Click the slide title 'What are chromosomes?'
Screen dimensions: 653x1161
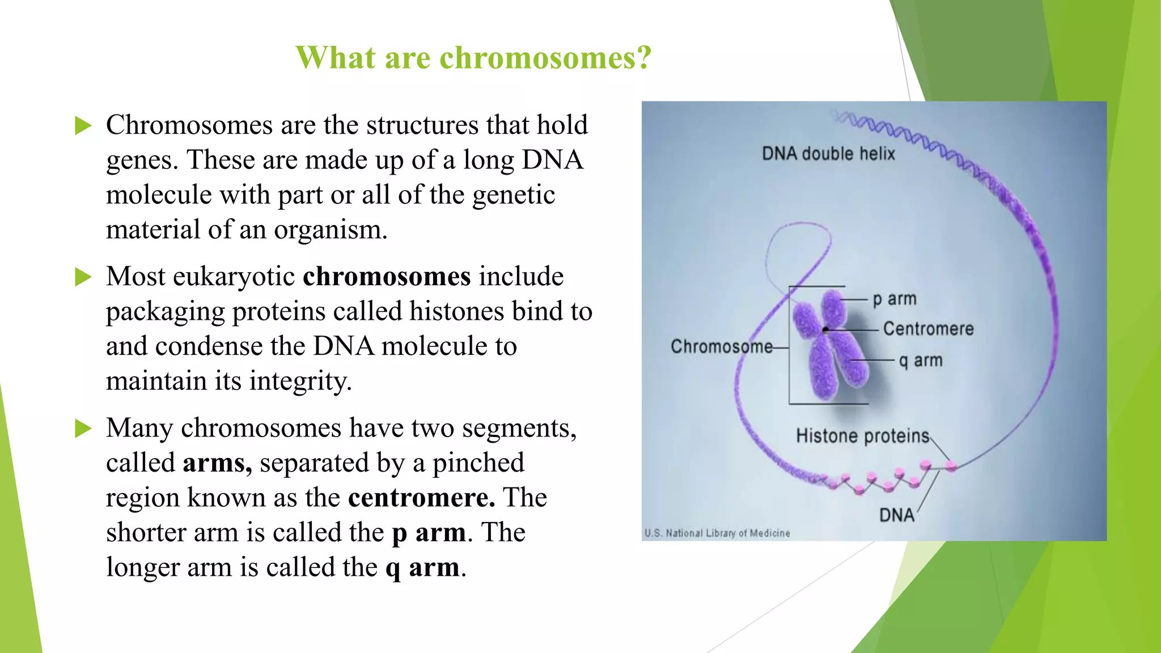[473, 58]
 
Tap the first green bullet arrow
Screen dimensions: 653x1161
[83, 126]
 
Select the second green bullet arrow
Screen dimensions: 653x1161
[83, 277]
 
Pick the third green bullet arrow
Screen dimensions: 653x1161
[83, 429]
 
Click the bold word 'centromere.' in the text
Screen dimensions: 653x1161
[421, 498]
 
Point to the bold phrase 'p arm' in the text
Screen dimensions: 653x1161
[429, 533]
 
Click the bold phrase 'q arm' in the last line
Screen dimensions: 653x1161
[422, 567]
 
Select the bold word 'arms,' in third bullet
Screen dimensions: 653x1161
[217, 463]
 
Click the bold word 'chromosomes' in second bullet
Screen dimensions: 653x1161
[387, 277]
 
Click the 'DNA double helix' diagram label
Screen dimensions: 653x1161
[828, 154]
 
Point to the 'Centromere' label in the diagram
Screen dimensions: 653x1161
[928, 329]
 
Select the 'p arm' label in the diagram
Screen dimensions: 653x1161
[895, 299]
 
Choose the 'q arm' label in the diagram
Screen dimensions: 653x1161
[921, 361]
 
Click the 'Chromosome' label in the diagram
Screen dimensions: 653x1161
[721, 346]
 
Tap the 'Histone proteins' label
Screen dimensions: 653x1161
[862, 436]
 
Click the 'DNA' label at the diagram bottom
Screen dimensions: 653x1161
[897, 515]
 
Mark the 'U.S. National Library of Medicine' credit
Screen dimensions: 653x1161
[717, 533]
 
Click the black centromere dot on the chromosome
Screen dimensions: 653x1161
[826, 329]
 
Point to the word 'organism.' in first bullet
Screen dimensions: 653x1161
[330, 230]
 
